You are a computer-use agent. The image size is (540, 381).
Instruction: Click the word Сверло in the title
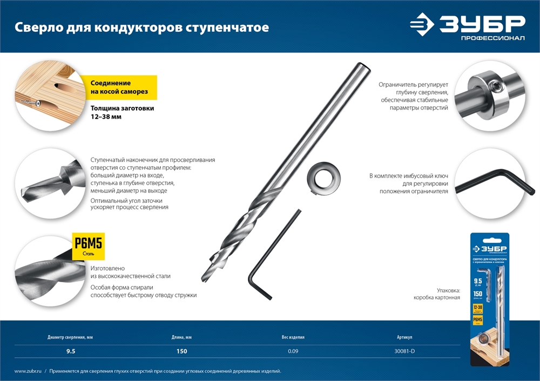pos(34,27)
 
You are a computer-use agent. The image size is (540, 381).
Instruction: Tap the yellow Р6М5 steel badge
pos(88,246)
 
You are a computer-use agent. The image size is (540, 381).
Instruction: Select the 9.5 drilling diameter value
pos(70,351)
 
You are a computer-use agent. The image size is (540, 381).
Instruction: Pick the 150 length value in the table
pos(181,351)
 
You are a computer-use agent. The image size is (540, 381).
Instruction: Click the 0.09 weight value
pos(293,351)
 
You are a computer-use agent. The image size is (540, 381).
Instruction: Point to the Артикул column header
pos(404,337)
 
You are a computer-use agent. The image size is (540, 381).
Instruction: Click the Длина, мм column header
pos(181,337)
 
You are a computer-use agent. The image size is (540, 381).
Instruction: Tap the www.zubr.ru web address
pos(28,371)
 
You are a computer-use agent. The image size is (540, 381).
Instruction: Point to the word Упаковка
pos(448,290)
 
